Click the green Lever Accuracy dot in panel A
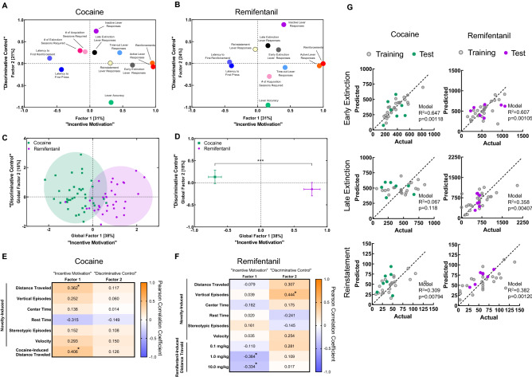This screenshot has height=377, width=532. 111,102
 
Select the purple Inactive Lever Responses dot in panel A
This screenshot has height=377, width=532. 96,31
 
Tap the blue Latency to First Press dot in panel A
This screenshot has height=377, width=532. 50,70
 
